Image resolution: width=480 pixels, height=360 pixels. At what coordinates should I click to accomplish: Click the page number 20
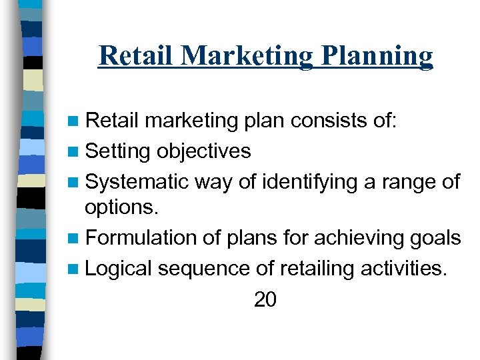coord(265,300)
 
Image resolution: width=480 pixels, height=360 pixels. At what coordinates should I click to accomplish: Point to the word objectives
coord(203,151)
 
